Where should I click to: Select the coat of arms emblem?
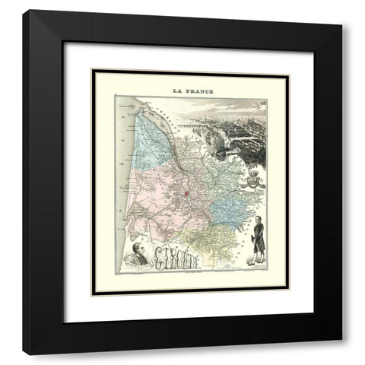point(249,179)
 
